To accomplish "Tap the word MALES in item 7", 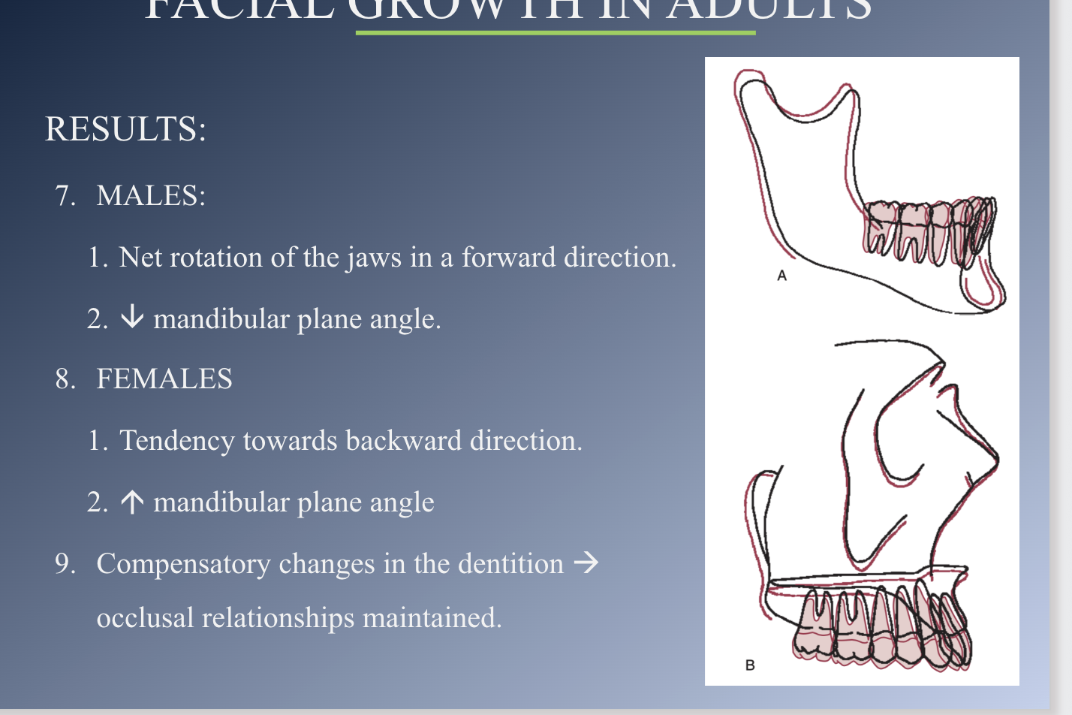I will [150, 196].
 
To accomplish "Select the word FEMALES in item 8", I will [164, 379].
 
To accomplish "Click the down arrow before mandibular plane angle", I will [132, 317].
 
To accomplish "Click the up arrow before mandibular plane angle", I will [132, 502].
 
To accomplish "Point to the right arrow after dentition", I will [586, 563].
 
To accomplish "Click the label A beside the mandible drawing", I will [781, 276].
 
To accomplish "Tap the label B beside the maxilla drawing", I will [749, 665].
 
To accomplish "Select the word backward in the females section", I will [403, 441].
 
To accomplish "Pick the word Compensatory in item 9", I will [183, 564].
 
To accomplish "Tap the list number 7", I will [65, 196].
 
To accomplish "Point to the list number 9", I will [65, 564].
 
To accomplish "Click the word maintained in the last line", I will [432, 618].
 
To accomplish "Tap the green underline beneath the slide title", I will [556, 33].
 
